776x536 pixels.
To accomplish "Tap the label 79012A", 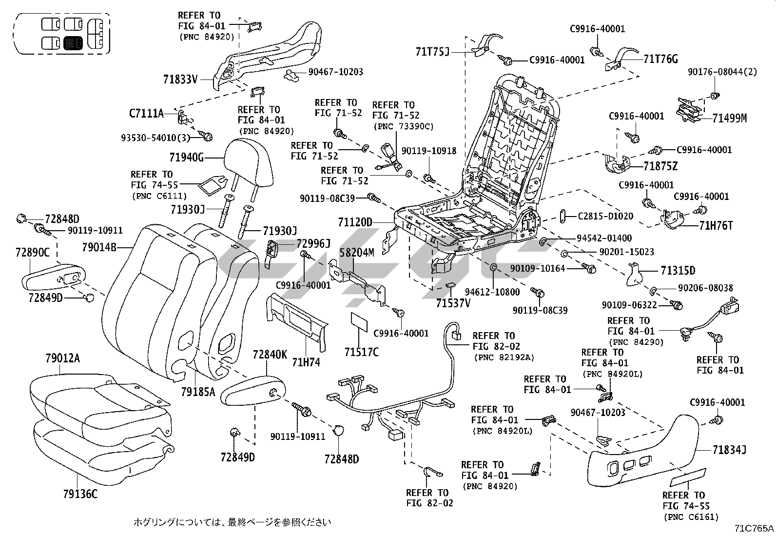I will [60, 359].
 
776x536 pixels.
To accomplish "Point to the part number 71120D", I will [355, 222].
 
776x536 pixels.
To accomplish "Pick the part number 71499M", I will [729, 118].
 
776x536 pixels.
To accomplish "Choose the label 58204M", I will [357, 253].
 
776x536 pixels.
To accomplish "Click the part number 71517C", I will [361, 352].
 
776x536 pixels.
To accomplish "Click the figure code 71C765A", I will [754, 528].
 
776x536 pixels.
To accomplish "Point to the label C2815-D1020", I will [605, 216].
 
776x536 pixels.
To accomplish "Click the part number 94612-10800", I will [492, 292].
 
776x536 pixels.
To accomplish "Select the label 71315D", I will [678, 271].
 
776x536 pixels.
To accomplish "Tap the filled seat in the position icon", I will [74, 43].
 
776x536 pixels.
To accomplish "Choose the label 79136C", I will [80, 494].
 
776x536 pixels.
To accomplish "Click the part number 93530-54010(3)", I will [155, 138].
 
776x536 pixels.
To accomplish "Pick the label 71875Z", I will [660, 166].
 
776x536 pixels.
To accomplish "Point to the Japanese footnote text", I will [233, 522].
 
